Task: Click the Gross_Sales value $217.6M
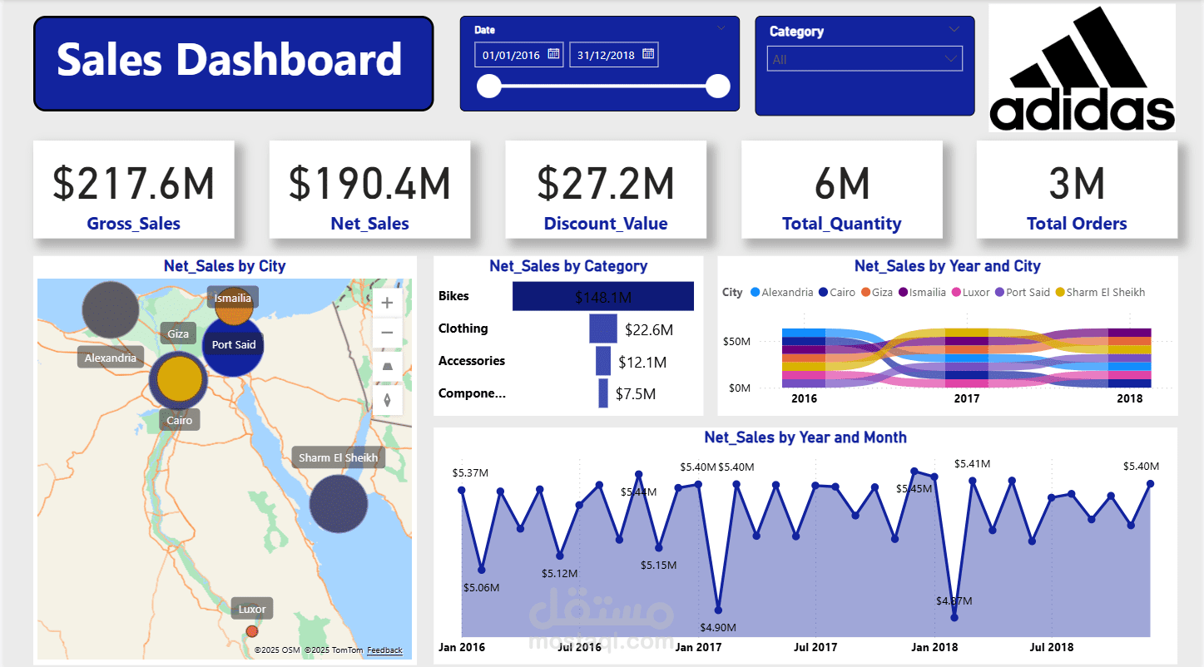click(134, 183)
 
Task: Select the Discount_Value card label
click(605, 224)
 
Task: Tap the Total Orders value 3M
click(1076, 183)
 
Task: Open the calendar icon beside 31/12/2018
click(648, 55)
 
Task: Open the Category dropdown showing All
click(864, 59)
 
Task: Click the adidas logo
click(1082, 68)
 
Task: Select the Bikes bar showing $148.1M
click(602, 297)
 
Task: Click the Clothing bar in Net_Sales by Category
click(602, 329)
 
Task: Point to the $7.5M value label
click(636, 394)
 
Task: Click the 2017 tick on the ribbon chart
click(966, 399)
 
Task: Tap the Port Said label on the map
click(233, 345)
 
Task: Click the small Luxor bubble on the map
click(252, 631)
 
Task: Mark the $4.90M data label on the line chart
click(716, 627)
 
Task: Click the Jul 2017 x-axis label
click(815, 647)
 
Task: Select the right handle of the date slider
click(717, 86)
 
